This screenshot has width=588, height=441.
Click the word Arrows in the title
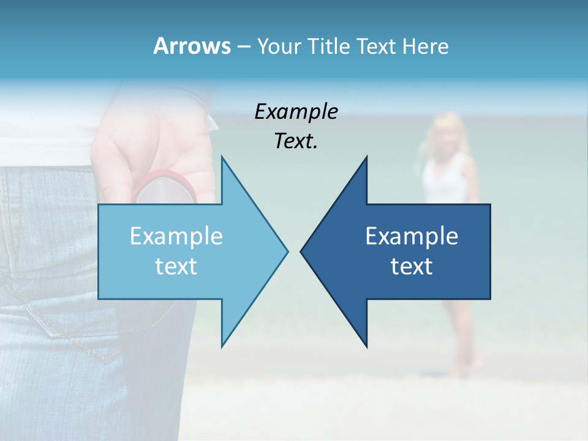pos(192,46)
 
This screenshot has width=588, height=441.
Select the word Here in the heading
pos(425,47)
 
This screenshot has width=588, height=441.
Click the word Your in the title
pos(279,47)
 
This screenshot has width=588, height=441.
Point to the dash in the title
pos(243,47)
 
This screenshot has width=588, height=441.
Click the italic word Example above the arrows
pos(296,112)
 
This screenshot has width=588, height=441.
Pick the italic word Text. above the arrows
pos(296,141)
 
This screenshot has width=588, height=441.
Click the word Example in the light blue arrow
pos(176,236)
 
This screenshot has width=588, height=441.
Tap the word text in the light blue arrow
pos(176,266)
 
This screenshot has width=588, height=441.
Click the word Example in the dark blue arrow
pos(412,236)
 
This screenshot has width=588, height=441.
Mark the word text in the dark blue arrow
pos(412,266)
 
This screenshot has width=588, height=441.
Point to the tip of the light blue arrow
pos(286,251)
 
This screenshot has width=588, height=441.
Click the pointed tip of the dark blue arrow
pos(302,251)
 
